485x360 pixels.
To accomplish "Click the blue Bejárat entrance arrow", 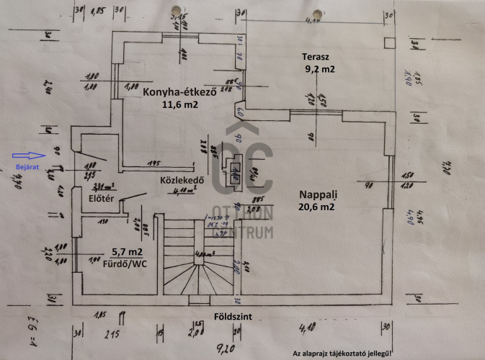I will click(x=22, y=155).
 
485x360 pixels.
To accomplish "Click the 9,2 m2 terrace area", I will click(x=320, y=69).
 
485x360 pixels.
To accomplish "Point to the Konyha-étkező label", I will click(x=179, y=91).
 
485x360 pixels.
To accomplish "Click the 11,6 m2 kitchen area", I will click(x=181, y=104).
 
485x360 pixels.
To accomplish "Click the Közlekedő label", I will click(x=182, y=181).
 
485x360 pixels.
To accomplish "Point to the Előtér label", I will click(x=101, y=198).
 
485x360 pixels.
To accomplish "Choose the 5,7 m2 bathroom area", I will click(x=127, y=252).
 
